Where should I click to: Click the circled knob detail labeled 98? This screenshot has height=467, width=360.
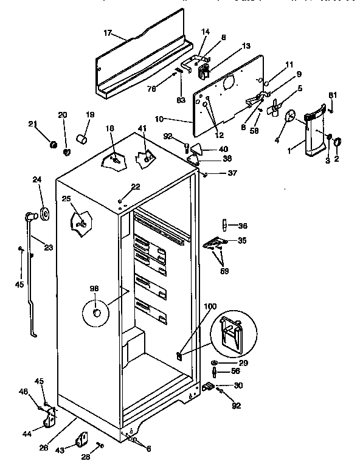click(95, 313)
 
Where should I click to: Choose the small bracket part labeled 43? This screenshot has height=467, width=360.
click(81, 439)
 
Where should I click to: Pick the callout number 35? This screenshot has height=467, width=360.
click(241, 241)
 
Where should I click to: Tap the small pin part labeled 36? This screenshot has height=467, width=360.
click(223, 226)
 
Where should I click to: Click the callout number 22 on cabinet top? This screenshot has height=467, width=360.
click(135, 186)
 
